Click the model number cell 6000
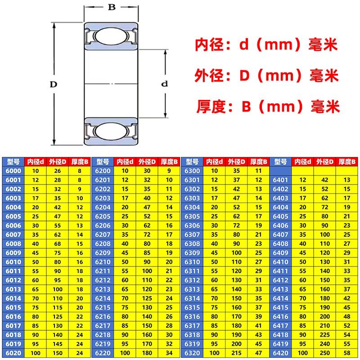(x=13, y=171)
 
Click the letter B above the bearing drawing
(x=111, y=8)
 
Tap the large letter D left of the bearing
(x=53, y=84)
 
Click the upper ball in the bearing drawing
(x=110, y=36)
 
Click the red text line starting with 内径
(x=266, y=45)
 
